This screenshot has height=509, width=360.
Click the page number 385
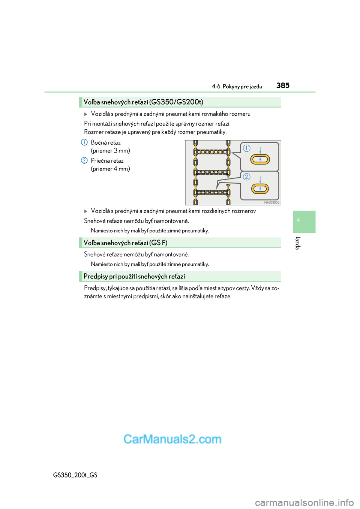coord(283,85)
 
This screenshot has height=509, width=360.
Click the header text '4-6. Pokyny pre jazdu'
coord(237,87)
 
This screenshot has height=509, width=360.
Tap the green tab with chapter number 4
coord(304,222)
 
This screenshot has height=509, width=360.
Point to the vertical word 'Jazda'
coord(298,243)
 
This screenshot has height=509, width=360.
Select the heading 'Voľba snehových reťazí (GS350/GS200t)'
coord(143,102)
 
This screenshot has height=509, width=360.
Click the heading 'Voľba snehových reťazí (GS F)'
coord(125,243)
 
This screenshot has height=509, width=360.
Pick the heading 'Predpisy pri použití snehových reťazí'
coord(134,277)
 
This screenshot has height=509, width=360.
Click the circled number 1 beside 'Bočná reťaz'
coord(84,142)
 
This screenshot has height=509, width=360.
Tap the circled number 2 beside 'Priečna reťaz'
coord(84,160)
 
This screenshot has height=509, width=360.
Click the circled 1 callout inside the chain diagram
coord(246,148)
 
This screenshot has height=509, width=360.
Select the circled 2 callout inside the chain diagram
coord(246,177)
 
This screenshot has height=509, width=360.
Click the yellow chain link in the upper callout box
coord(260,160)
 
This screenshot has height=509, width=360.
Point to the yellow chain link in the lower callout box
coord(260,189)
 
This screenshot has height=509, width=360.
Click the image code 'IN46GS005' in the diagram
coord(271,202)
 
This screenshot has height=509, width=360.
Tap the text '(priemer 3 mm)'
coord(110,151)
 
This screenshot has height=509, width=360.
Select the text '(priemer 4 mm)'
coord(110,169)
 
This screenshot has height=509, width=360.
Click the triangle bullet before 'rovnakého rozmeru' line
coord(86,114)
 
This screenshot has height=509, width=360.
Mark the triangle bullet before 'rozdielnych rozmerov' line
coord(86,211)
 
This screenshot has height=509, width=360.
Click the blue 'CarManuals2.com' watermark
coord(172,439)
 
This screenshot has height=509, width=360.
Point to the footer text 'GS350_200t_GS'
coord(75,475)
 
